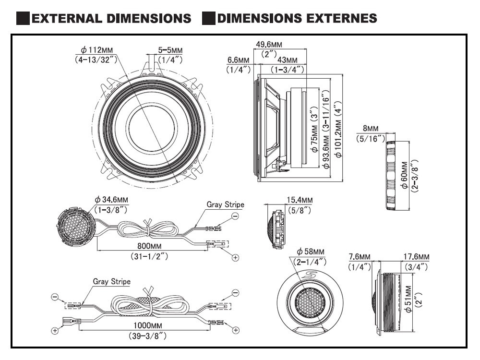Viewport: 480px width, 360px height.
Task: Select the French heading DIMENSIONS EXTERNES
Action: point(296,18)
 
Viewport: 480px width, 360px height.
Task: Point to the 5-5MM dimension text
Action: point(170,50)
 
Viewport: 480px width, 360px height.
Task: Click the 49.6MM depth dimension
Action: point(268,44)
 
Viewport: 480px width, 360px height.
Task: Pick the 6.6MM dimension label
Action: point(239,60)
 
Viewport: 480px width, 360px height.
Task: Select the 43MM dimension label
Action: point(288,60)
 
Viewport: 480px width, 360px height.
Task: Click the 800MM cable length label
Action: point(149,246)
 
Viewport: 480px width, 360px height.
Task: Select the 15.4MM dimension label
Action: point(300,200)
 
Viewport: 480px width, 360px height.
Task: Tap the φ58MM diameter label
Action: point(310,252)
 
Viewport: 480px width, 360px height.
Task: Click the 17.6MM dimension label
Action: point(417,257)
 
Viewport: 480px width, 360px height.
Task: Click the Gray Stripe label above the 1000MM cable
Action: point(111,282)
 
